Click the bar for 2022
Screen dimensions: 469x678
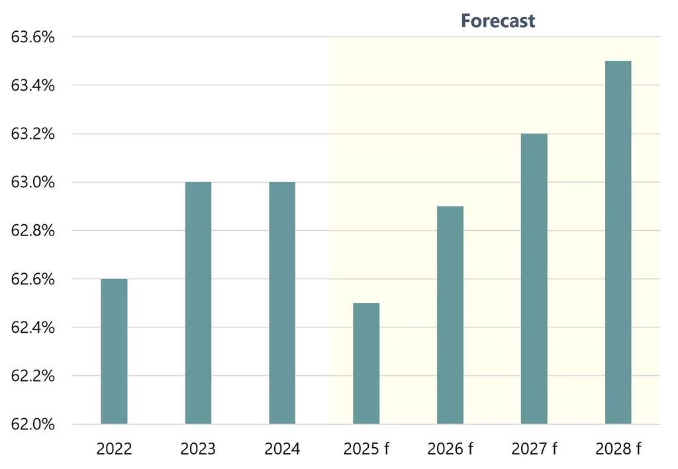point(114,351)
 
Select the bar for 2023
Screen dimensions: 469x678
point(198,303)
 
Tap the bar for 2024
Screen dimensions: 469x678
point(282,303)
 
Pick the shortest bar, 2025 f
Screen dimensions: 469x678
point(366,363)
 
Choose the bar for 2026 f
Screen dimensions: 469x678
point(450,315)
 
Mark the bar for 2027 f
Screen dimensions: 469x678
point(534,278)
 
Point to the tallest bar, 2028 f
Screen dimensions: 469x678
point(618,242)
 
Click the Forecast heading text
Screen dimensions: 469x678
point(498,21)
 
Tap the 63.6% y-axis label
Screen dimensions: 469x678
point(32,37)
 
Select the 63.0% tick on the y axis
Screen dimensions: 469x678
point(32,182)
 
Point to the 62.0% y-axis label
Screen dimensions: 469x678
point(32,424)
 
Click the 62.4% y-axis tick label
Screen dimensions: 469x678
point(32,327)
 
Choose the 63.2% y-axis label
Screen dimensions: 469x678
point(32,134)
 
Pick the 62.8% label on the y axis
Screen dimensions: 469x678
point(32,230)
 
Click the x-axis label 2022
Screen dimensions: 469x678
point(114,450)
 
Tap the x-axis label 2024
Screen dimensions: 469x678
point(282,450)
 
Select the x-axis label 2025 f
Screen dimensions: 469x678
point(366,450)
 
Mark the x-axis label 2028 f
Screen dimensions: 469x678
point(618,450)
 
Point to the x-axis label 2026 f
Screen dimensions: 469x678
point(450,450)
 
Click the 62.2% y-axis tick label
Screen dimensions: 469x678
point(32,376)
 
